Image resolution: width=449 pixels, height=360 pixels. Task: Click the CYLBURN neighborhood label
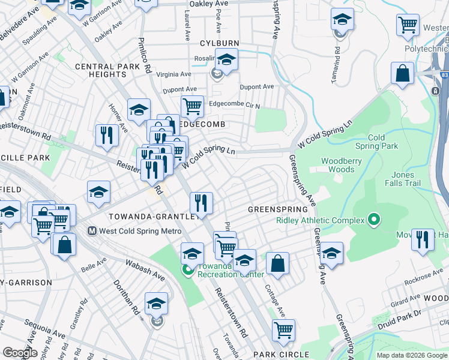[220, 43]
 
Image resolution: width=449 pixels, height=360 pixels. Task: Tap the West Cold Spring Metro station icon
[92, 230]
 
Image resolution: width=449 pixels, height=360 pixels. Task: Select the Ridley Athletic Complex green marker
[374, 220]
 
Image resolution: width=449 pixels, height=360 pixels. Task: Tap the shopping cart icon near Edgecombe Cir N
[192, 107]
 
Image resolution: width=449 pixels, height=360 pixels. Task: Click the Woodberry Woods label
[337, 165]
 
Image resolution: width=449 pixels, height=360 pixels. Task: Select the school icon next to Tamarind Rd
[342, 20]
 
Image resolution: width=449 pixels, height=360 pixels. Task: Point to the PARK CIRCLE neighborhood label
[281, 355]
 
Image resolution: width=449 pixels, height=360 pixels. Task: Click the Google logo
[20, 353]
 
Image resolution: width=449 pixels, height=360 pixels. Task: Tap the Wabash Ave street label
[145, 269]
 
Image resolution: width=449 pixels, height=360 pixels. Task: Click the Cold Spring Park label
[376, 142]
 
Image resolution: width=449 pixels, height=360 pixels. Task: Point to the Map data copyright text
[411, 355]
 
